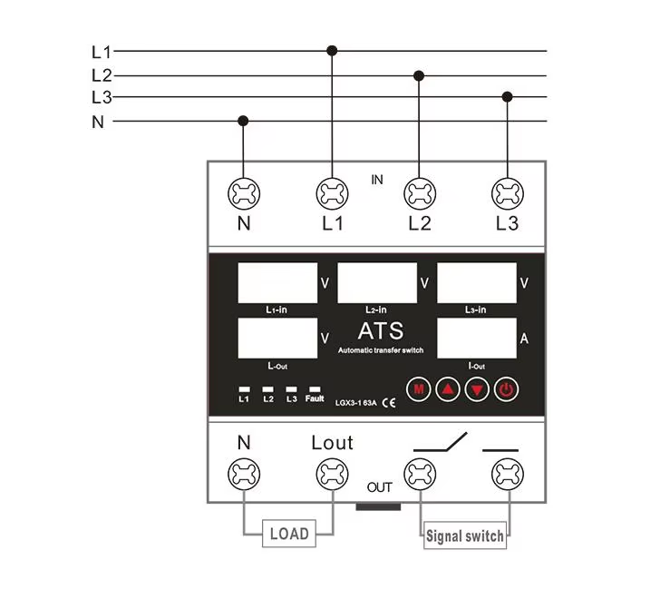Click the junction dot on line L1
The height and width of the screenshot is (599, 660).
coord(332,51)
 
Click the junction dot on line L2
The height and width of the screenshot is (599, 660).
coord(419,74)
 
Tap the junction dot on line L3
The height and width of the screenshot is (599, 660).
coord(508,96)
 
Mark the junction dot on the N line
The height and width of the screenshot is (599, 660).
coord(243,120)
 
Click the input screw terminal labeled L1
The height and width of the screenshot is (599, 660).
coord(332,192)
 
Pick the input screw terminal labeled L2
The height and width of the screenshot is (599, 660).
coord(419,192)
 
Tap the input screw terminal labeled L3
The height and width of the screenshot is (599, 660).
coord(507,192)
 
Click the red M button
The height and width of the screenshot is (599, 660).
coord(418,390)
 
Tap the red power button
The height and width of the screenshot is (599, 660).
coord(506,390)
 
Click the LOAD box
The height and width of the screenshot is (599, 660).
coord(289,534)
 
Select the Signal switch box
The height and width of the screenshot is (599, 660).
coord(464,535)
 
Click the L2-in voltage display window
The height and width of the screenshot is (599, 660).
coord(377,282)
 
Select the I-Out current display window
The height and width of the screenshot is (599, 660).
coord(476,338)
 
